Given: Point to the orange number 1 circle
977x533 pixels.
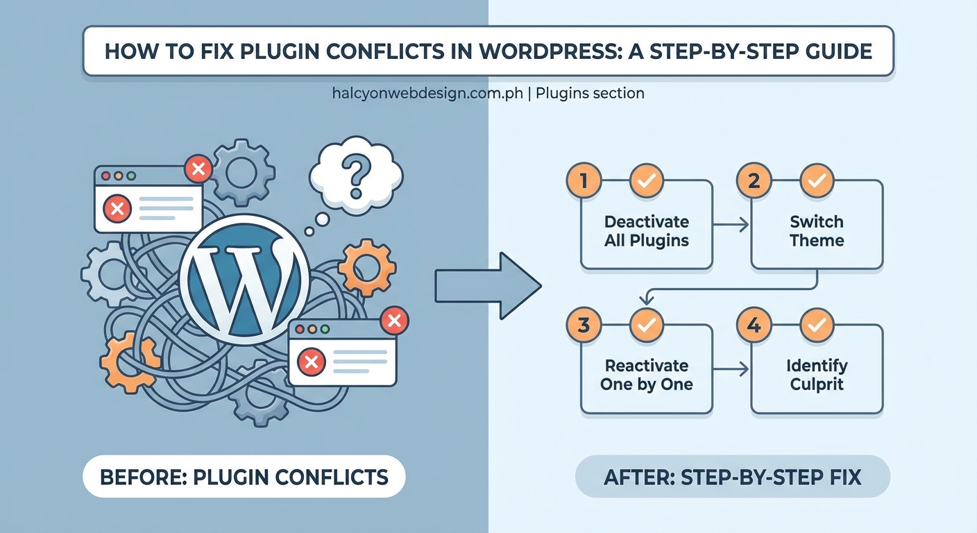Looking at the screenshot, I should (x=584, y=182).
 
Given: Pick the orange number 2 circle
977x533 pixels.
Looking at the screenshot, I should (x=754, y=182).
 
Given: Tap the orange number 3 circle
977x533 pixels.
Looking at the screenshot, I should (x=584, y=325).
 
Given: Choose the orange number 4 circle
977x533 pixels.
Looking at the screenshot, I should (x=754, y=325).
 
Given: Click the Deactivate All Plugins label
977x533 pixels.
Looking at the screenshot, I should (x=647, y=231).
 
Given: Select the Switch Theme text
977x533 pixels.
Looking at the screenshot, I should (x=817, y=231).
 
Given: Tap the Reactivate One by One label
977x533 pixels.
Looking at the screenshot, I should (x=647, y=375).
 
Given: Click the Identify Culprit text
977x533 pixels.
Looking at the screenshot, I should (x=817, y=375).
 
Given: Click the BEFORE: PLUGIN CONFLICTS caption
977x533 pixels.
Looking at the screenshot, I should (x=244, y=477).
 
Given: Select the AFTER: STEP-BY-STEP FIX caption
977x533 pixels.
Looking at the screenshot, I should (x=733, y=477).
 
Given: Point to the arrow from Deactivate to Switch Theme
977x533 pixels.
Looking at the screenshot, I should (x=731, y=223).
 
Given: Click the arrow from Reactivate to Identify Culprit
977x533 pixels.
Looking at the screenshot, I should (x=731, y=369).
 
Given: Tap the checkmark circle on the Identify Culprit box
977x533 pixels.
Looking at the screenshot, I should (x=817, y=325).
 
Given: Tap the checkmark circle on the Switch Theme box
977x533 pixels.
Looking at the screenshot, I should (x=817, y=182).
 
